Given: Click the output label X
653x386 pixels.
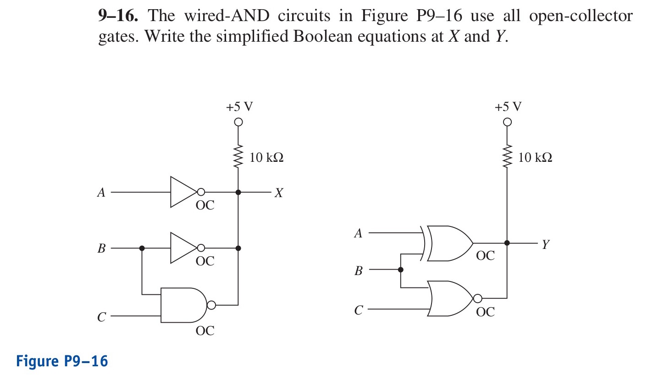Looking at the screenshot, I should coord(278,193).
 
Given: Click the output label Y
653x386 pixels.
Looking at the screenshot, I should coord(545,244).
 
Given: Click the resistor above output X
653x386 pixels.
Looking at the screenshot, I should coord(238,157).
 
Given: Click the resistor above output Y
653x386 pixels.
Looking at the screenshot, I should coord(507,157).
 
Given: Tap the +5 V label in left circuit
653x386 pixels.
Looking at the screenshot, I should coord(239,107).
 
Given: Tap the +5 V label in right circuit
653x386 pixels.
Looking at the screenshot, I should coord(508,107).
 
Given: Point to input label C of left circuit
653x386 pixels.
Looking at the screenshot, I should coord(101,317).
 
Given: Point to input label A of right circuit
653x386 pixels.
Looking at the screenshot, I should coord(358,233).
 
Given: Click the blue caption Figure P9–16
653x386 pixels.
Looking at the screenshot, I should coord(62,361).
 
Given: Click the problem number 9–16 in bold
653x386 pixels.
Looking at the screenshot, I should coord(118,17).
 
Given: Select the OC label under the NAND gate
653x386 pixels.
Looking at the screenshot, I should coord(205,331).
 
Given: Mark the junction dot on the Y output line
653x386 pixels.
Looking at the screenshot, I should coord(507,243).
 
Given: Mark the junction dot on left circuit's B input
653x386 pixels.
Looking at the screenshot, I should coord(142,248).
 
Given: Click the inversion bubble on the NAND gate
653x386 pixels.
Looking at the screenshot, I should coord(211,305).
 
